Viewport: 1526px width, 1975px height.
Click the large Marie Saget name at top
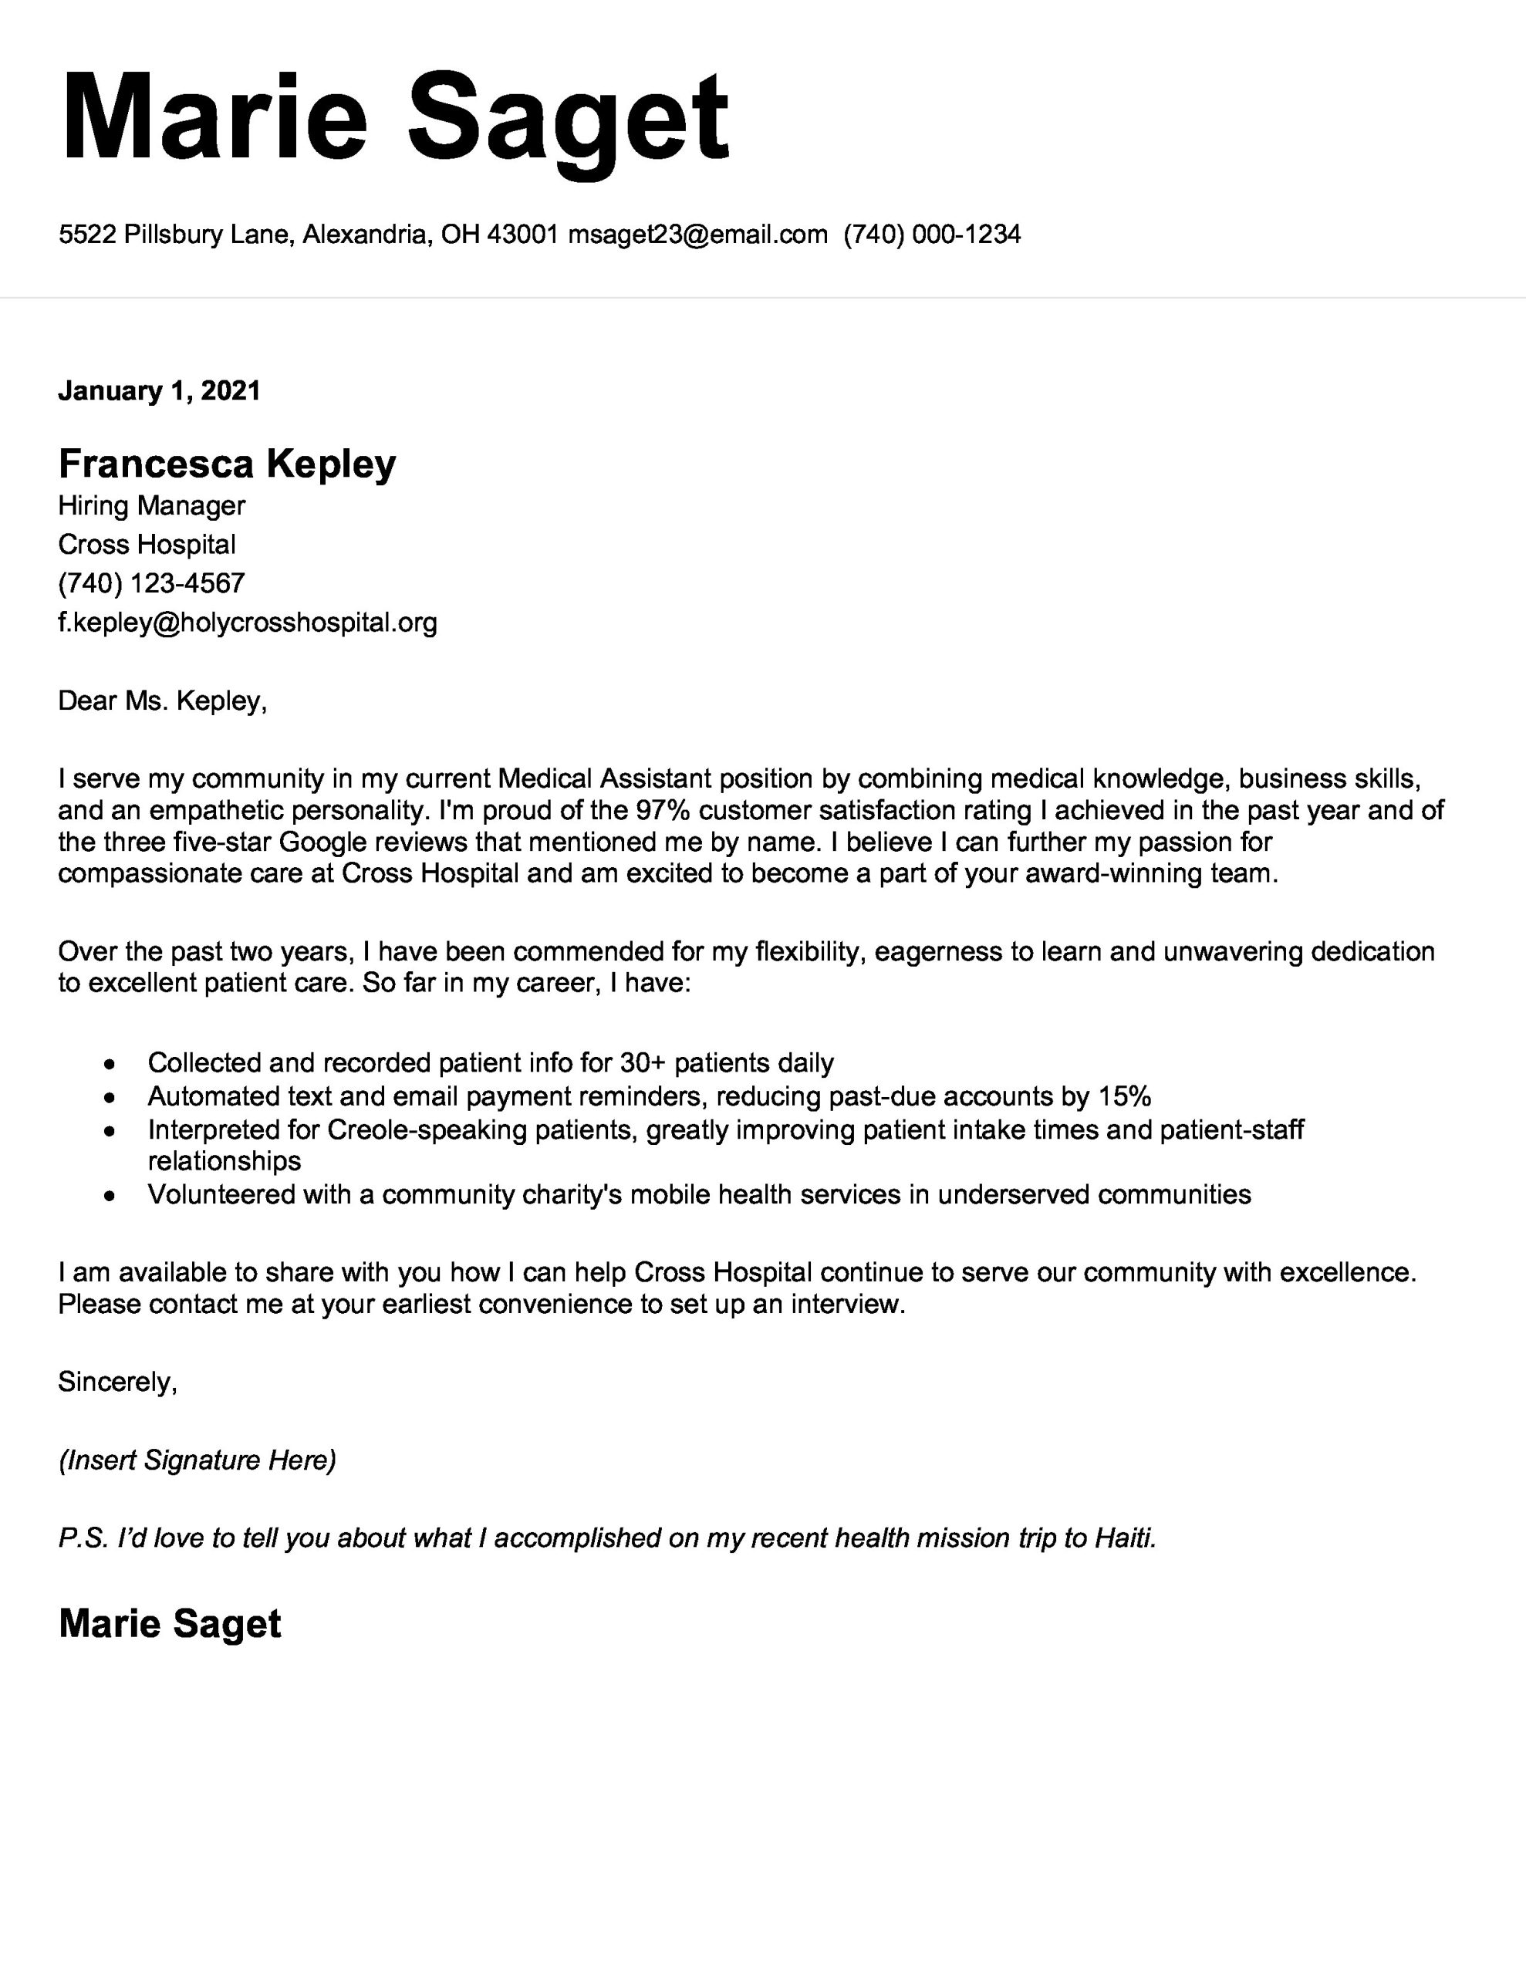[x=394, y=120]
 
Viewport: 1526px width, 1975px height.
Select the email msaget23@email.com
[x=697, y=235]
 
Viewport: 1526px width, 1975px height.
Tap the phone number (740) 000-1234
[x=932, y=235]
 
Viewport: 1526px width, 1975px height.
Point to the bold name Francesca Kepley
[x=227, y=464]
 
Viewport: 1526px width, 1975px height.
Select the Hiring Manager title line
[x=152, y=505]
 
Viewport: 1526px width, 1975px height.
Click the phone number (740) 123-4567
[x=152, y=583]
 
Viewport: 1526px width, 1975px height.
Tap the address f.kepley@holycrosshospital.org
[x=248, y=622]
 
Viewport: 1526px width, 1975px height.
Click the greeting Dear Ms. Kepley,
[x=163, y=701]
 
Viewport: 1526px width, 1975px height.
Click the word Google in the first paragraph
[x=322, y=842]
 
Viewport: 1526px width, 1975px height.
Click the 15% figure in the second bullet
[x=1124, y=1097]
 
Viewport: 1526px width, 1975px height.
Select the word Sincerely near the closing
[x=115, y=1382]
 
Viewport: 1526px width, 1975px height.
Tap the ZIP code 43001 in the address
[x=523, y=235]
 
